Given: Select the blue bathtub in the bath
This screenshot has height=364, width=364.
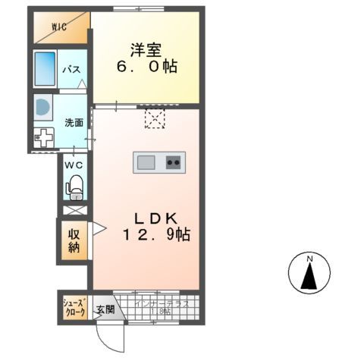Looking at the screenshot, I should tap(46, 69).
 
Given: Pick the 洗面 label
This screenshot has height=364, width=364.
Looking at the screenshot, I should tap(74, 123).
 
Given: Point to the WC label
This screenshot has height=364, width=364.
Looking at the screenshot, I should tap(74, 165).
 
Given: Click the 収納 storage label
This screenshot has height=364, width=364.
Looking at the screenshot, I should tap(74, 240).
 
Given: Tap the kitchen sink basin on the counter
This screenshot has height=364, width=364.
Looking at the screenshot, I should tap(146, 162).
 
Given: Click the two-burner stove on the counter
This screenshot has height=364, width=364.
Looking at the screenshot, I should tap(174, 162).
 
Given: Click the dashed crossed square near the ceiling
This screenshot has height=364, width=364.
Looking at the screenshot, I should tap(155, 119).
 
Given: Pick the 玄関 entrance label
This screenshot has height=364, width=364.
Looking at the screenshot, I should tap(105, 309).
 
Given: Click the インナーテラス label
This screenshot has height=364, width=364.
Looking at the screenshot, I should tap(162, 303).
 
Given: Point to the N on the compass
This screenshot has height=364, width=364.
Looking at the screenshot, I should tap(309, 260).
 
